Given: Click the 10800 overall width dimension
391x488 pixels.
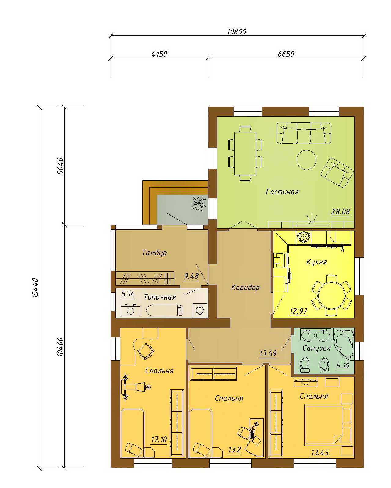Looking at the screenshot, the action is [237, 31].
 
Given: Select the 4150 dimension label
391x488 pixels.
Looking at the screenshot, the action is [159, 54].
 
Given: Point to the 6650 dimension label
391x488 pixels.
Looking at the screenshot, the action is [286, 54].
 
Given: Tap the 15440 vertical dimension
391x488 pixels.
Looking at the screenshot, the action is [35, 288].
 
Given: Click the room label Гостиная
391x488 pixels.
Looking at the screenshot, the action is [282, 192].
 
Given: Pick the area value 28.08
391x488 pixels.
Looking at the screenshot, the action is [340, 212].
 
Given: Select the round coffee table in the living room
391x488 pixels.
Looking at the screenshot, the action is [306, 160].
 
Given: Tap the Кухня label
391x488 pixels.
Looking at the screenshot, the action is [316, 262].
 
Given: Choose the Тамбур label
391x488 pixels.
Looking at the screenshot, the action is [154, 253].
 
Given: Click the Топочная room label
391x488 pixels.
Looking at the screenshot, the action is [160, 297].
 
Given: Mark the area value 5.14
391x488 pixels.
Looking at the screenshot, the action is [128, 294].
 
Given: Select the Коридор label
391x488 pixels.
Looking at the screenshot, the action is [245, 288].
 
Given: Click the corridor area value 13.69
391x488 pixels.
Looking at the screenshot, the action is [268, 353].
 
